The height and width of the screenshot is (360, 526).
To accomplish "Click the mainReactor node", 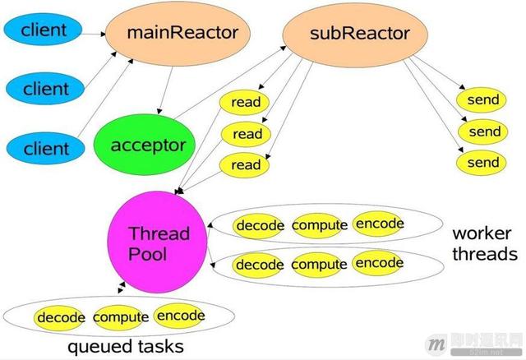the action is [178, 34].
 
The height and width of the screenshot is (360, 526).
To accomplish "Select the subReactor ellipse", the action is [355, 35].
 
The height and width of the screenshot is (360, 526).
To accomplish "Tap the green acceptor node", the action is [145, 145].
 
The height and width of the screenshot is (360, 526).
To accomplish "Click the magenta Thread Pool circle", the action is [157, 242].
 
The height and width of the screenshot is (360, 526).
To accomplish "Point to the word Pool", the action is [148, 254].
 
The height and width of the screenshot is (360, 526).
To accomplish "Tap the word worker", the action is [482, 233].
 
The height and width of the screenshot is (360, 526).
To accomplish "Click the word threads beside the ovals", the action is [485, 254].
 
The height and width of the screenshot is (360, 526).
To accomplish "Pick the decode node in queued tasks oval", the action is [60, 318].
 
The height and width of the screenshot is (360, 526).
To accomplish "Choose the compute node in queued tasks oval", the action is [120, 317].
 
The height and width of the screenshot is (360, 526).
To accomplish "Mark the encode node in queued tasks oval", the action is [180, 316].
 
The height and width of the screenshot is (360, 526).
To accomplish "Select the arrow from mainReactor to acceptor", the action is [166, 90].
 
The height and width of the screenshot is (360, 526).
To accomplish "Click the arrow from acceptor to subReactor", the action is [230, 82].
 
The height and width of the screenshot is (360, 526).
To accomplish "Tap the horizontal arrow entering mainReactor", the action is [92, 34].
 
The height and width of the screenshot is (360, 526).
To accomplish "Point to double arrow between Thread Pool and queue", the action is [122, 288].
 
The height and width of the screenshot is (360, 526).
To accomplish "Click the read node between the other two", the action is [247, 134].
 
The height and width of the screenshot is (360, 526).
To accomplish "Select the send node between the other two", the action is [484, 132].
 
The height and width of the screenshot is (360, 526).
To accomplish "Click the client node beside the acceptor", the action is [46, 148].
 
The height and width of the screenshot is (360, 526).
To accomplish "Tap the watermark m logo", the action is [436, 344].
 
